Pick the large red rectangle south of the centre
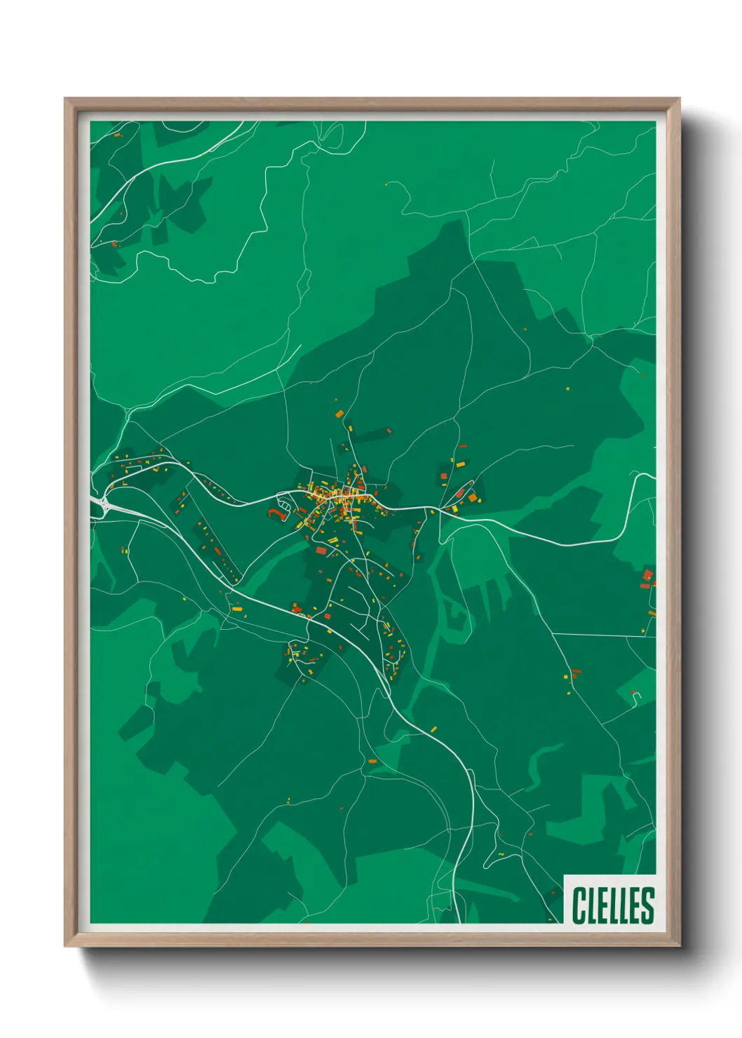click(321, 551)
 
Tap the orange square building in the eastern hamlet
click(473, 497)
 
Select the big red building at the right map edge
click(647, 576)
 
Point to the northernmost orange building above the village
click(339, 414)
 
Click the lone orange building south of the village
click(372, 760)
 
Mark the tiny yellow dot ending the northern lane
click(386, 184)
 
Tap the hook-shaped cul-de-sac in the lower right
click(636, 695)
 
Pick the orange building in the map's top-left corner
click(117, 134)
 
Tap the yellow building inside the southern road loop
click(295, 654)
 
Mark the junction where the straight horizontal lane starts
click(553, 633)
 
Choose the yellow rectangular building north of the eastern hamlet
click(461, 464)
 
